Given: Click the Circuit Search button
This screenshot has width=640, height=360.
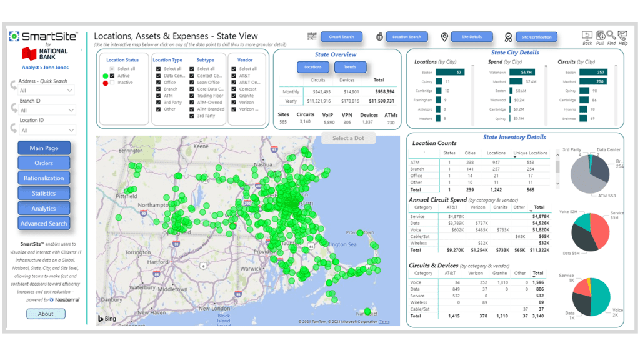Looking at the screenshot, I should coord(341,37).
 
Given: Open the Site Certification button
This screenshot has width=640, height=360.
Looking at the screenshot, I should coord(536,37).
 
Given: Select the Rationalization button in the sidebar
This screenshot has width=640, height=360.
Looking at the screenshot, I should coord(44,178).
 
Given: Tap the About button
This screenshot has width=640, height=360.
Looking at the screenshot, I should coord(46,314).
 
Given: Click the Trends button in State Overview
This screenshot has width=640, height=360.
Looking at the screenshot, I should coord(350,67).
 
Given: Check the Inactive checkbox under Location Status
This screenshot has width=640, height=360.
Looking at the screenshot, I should coord(112,82).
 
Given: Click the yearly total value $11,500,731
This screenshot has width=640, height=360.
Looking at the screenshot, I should coord(381,101).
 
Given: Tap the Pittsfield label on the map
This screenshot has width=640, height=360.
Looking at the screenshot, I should coord(127,196).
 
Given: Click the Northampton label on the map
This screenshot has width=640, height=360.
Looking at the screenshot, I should coord(153,205).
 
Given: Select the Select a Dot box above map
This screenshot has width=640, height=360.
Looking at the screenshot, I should coord(348,138).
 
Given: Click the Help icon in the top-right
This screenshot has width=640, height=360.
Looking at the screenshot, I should coord(622,37).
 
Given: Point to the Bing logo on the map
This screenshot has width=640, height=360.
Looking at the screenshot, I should coord(107,319).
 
